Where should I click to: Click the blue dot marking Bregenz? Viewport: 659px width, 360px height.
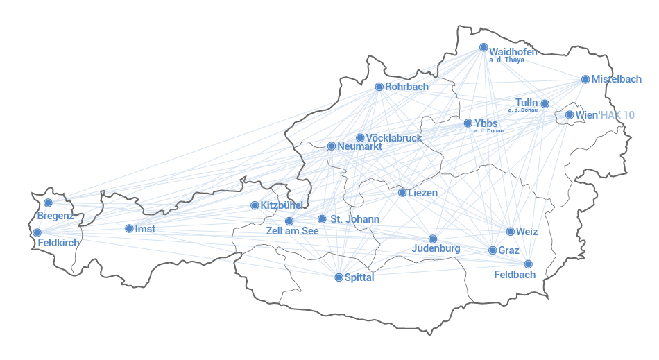[x=48, y=203]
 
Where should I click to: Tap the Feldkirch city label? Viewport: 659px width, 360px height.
[x=59, y=243]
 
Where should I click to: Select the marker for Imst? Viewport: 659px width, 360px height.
[x=129, y=228]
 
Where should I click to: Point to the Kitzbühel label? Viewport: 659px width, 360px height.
[x=282, y=205]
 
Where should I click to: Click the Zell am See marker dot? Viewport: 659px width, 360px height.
[x=289, y=221]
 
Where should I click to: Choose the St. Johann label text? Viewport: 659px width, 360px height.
[x=354, y=219]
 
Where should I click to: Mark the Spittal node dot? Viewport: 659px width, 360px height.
[x=339, y=277]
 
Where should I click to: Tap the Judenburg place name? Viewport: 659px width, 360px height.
[x=436, y=248]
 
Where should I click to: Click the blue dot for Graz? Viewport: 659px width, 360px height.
[x=493, y=250]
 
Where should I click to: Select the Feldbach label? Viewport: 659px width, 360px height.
[x=515, y=275]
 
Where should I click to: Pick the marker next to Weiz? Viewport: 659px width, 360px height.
[x=511, y=232]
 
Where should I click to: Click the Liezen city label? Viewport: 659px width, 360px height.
[x=422, y=193]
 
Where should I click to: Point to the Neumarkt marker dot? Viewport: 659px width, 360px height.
[x=332, y=146]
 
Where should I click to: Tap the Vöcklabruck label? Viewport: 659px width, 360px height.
[x=393, y=138]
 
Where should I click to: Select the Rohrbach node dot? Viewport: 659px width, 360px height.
[x=379, y=87]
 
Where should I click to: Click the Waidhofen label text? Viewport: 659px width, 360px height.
[x=513, y=51]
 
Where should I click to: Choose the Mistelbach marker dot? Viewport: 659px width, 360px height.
[x=585, y=80]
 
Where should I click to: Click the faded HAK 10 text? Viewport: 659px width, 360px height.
[x=617, y=115]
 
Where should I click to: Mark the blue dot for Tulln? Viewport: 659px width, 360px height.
[x=545, y=104]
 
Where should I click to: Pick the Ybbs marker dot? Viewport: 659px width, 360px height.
[x=468, y=123]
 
